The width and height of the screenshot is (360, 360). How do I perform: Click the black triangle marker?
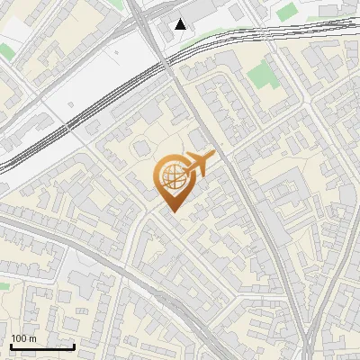click(x=181, y=24)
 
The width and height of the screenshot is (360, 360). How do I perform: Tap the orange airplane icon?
click(x=198, y=164)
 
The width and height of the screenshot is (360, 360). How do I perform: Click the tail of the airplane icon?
click(x=183, y=171)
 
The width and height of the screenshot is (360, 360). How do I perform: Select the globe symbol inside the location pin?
click(x=170, y=176)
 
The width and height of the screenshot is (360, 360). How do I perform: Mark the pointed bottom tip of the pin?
click(x=171, y=211)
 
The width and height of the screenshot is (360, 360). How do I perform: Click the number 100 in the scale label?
click(x=19, y=338)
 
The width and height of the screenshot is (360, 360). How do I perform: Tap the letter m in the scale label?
click(x=32, y=338)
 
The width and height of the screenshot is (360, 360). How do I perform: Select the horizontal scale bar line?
click(x=41, y=346)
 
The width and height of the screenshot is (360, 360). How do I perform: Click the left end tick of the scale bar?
click(x=10, y=345)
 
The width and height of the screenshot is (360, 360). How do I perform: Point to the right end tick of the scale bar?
click(x=74, y=345)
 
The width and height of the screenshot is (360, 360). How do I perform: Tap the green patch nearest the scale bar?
click(x=4, y=286)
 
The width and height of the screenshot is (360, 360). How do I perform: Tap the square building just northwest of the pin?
click(x=142, y=148)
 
